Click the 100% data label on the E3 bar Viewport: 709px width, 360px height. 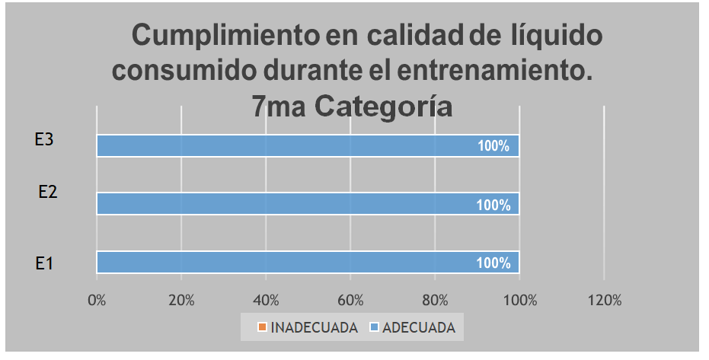coord(493,147)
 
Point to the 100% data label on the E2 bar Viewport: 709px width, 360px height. coord(493,205)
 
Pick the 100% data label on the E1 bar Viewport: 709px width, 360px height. coord(493,263)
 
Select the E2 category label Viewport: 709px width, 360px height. coord(48,192)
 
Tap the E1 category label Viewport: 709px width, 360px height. coord(44,263)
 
